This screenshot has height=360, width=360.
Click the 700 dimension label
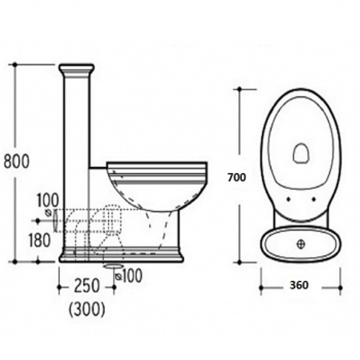(x=237, y=177)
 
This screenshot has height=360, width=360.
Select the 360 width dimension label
(x=299, y=285)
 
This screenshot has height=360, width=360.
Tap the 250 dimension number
(x=87, y=286)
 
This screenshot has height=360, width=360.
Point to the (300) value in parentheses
(x=87, y=309)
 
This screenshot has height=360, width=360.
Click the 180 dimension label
(x=40, y=240)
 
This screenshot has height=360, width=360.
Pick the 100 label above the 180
(x=48, y=200)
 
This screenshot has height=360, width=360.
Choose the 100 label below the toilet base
(x=132, y=275)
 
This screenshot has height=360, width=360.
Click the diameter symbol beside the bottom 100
(x=118, y=277)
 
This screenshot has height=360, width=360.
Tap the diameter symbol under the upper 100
(x=48, y=213)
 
